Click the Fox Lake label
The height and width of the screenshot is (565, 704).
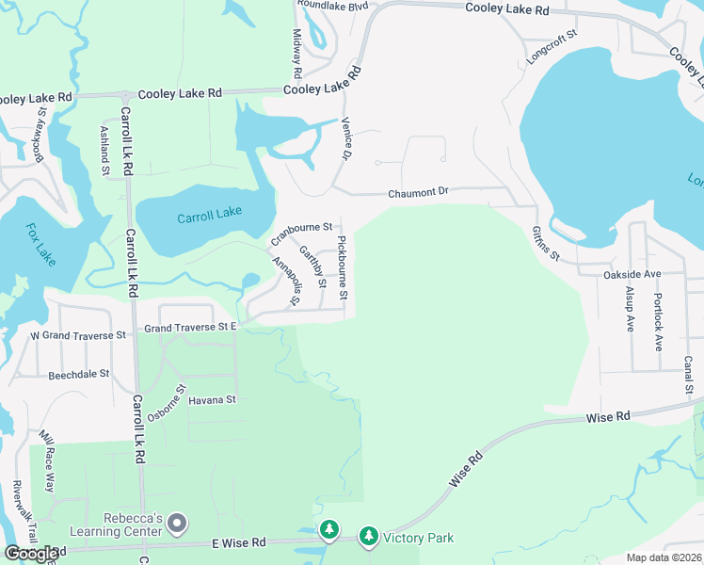(x=40, y=243)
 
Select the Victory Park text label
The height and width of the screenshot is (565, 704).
(x=418, y=538)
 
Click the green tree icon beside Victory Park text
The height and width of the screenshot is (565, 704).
(x=368, y=537)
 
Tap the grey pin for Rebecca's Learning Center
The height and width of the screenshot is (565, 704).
(x=180, y=523)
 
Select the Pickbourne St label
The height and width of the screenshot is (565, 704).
(x=344, y=268)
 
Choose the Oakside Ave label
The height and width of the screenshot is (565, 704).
(x=632, y=274)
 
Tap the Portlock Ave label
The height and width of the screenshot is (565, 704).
(x=658, y=315)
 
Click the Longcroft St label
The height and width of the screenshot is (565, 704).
(x=552, y=45)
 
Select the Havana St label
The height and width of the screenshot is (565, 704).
(x=212, y=399)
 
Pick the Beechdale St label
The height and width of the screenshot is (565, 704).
(x=80, y=374)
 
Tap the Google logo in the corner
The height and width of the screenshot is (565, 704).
(x=32, y=553)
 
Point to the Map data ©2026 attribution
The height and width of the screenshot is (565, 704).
(x=664, y=557)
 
